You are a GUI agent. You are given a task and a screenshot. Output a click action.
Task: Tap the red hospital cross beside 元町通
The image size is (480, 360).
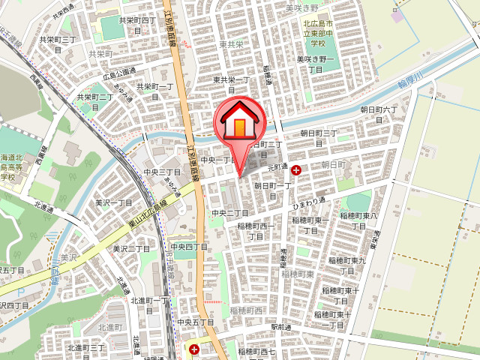296,171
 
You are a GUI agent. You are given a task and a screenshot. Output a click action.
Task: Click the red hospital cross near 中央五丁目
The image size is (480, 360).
194,349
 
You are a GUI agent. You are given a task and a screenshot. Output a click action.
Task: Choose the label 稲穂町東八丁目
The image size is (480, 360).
358,220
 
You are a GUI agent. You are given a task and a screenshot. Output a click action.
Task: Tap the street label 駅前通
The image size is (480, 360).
280,327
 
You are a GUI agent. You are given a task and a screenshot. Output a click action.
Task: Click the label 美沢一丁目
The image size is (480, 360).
113,202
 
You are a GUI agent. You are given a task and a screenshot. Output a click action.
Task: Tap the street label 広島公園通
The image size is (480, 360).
119,73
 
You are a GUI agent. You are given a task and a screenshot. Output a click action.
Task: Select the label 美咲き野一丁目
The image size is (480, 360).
314,64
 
